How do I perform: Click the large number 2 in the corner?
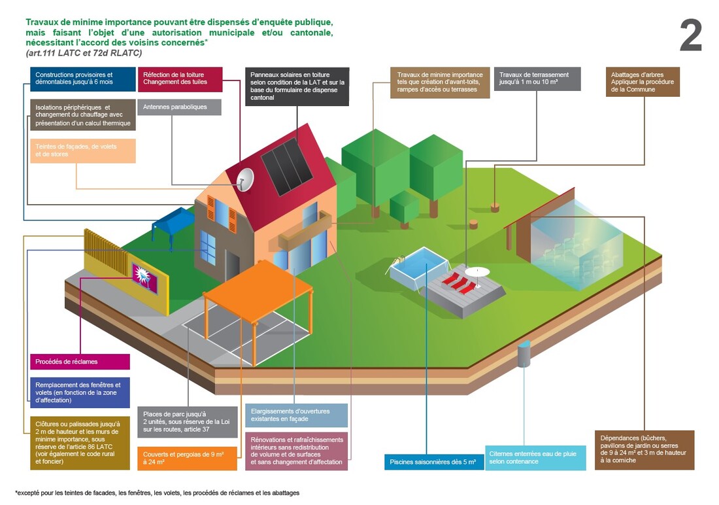click(690, 36)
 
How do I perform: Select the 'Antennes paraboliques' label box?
click(178, 107)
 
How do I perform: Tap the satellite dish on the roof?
click(245, 179)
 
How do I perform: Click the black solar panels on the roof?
click(287, 161)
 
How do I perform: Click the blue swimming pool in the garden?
click(418, 268)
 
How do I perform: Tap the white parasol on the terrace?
click(477, 271)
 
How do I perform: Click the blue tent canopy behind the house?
click(173, 219)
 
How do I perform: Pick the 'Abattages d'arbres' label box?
click(643, 82)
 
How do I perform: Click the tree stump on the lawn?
click(495, 207)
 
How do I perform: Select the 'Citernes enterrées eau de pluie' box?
click(535, 457)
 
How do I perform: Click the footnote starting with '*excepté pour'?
click(157, 492)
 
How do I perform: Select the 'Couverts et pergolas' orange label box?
click(187, 458)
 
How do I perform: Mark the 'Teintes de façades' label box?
click(82, 150)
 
